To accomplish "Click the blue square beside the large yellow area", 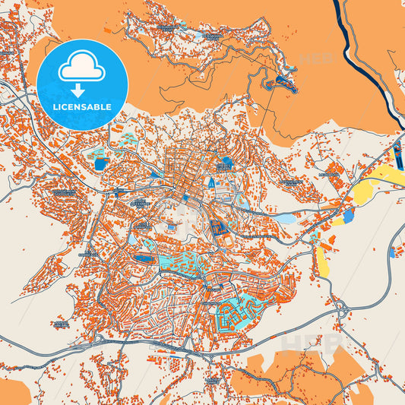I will (x=348, y=216).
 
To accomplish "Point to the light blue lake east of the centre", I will (x=285, y=218).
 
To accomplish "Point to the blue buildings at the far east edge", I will (x=394, y=252).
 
